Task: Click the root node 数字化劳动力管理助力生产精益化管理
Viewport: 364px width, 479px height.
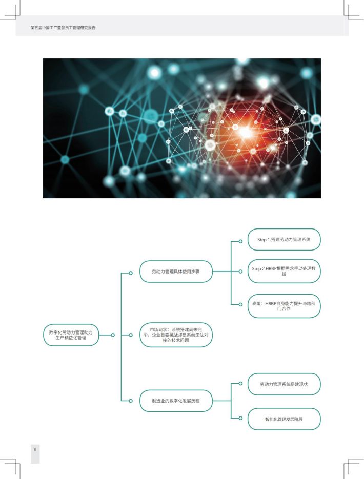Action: point(71,335)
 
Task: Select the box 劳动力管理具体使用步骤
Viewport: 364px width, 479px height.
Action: point(176,272)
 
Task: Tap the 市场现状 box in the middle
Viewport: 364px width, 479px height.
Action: point(176,335)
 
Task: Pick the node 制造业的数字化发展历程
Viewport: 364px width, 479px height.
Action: point(176,401)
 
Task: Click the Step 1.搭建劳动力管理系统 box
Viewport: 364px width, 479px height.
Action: point(284,240)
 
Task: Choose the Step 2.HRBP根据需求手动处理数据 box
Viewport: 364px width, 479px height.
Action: point(284,271)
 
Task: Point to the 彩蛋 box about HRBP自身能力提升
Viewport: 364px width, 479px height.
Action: point(284,306)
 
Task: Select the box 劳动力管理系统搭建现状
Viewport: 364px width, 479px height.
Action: point(284,384)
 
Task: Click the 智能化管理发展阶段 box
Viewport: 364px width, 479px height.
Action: point(284,419)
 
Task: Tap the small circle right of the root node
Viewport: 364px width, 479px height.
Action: point(113,335)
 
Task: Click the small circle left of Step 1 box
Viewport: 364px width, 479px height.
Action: point(240,241)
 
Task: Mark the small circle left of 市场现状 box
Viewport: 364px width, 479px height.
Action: point(131,335)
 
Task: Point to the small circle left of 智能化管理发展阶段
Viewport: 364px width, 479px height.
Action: point(240,418)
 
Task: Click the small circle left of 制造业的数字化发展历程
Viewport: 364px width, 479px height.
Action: point(131,401)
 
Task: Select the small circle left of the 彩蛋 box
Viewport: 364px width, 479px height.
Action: point(240,304)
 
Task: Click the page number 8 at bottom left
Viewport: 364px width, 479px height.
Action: point(35,449)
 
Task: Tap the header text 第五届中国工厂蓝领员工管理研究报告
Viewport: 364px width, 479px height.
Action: point(63,28)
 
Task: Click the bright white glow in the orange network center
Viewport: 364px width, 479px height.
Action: point(245,132)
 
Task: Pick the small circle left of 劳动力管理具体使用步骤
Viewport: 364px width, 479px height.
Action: point(131,273)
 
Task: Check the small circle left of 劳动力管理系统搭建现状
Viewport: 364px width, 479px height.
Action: point(240,383)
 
